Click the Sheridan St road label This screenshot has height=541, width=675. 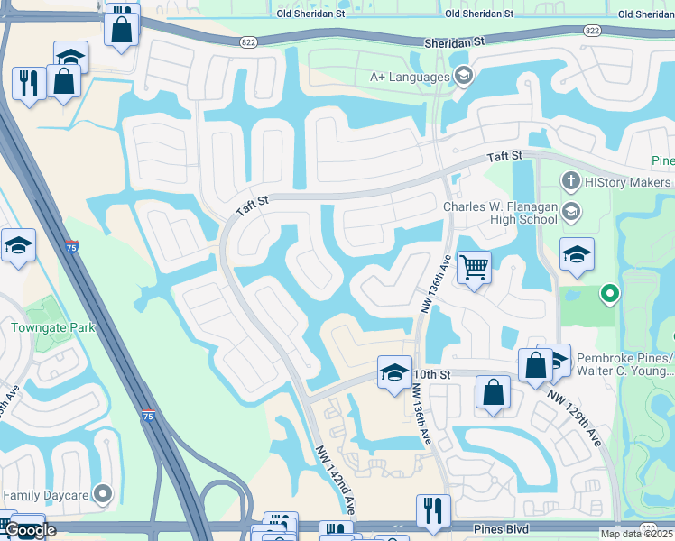click(x=457, y=41)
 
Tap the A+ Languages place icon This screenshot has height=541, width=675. click(x=464, y=76)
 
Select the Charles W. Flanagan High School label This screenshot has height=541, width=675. click(x=500, y=213)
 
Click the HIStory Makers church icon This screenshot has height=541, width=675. click(x=569, y=182)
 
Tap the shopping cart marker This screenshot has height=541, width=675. click(x=474, y=267)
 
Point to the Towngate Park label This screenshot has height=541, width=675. click(x=52, y=327)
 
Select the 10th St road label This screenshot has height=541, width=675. click(x=433, y=373)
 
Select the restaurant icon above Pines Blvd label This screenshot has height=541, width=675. click(x=433, y=511)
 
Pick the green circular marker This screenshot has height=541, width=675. click(x=610, y=292)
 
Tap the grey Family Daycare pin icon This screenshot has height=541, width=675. click(x=104, y=494)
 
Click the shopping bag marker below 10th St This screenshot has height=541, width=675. click(x=493, y=392)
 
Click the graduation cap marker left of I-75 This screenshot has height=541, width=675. click(x=18, y=245)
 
